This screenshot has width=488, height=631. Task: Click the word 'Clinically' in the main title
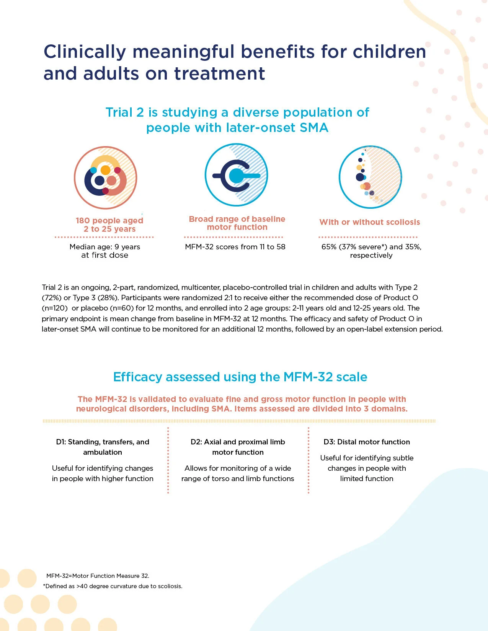click(x=85, y=52)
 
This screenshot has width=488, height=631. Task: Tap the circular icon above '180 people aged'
click(x=106, y=177)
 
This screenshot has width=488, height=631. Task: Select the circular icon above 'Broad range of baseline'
click(x=236, y=175)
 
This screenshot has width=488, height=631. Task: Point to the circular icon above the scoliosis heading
click(x=370, y=177)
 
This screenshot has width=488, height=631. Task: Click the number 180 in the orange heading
click(x=83, y=220)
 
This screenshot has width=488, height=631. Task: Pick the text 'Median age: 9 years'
click(x=104, y=247)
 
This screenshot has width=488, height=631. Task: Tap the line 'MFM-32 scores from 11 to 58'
click(x=235, y=247)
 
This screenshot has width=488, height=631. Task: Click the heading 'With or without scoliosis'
click(x=370, y=222)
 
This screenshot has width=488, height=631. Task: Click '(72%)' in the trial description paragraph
click(x=50, y=298)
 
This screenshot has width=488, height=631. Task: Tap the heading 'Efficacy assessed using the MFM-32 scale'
click(x=240, y=377)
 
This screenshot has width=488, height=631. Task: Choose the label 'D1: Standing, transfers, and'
click(x=103, y=442)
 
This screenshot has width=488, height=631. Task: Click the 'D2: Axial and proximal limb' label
click(x=238, y=442)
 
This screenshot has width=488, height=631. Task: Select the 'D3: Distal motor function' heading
click(x=367, y=442)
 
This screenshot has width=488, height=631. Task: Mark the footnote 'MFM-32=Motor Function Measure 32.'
click(x=98, y=576)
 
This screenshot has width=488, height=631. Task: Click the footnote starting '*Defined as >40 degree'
click(x=113, y=586)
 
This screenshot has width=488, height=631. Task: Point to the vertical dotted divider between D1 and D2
click(x=168, y=460)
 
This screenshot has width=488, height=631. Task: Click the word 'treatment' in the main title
click(x=220, y=73)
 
